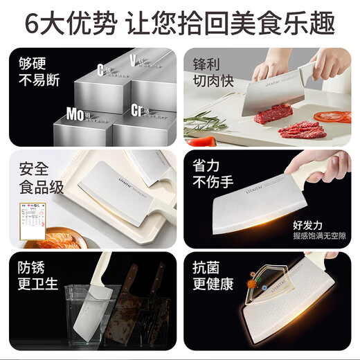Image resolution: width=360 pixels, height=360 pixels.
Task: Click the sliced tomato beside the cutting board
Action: (x=332, y=116)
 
